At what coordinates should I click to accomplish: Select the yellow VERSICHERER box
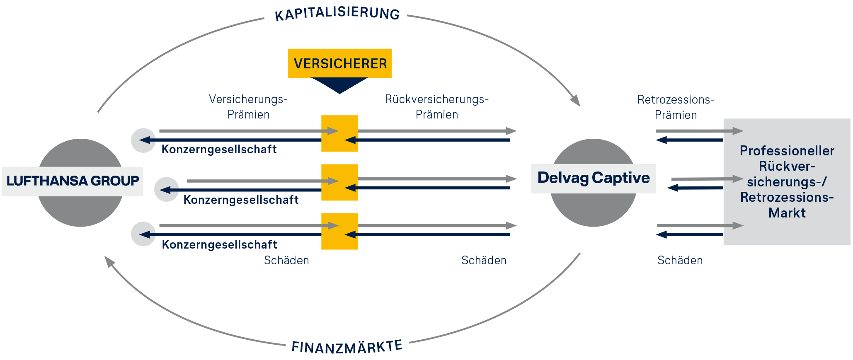click(x=339, y=63)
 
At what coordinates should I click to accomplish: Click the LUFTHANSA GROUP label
click(x=73, y=181)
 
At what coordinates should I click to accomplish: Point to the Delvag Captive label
click(x=594, y=178)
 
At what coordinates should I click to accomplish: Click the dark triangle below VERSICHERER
click(x=339, y=85)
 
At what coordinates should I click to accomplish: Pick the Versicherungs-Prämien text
click(x=248, y=107)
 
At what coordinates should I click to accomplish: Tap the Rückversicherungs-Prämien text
click(x=437, y=107)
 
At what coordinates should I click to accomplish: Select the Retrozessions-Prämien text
click(x=676, y=107)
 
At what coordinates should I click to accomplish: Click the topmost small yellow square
click(x=339, y=133)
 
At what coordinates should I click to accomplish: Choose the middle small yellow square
click(x=339, y=182)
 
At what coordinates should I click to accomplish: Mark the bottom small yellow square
click(x=339, y=231)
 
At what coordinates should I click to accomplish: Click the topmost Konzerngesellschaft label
click(x=219, y=149)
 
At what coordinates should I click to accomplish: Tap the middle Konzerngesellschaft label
click(x=241, y=200)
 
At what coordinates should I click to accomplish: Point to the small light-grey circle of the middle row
click(x=167, y=190)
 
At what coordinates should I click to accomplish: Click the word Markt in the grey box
click(x=787, y=213)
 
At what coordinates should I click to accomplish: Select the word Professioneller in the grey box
click(x=787, y=151)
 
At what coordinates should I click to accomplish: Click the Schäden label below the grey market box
click(x=680, y=260)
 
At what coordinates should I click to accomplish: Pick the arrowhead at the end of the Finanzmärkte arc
click(x=109, y=261)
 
